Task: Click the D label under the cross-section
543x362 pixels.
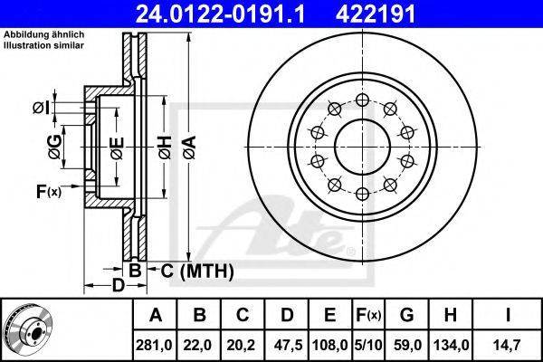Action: [117, 286]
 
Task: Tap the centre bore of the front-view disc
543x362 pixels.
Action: [361, 146]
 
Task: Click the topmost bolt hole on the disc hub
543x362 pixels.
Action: [361, 100]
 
